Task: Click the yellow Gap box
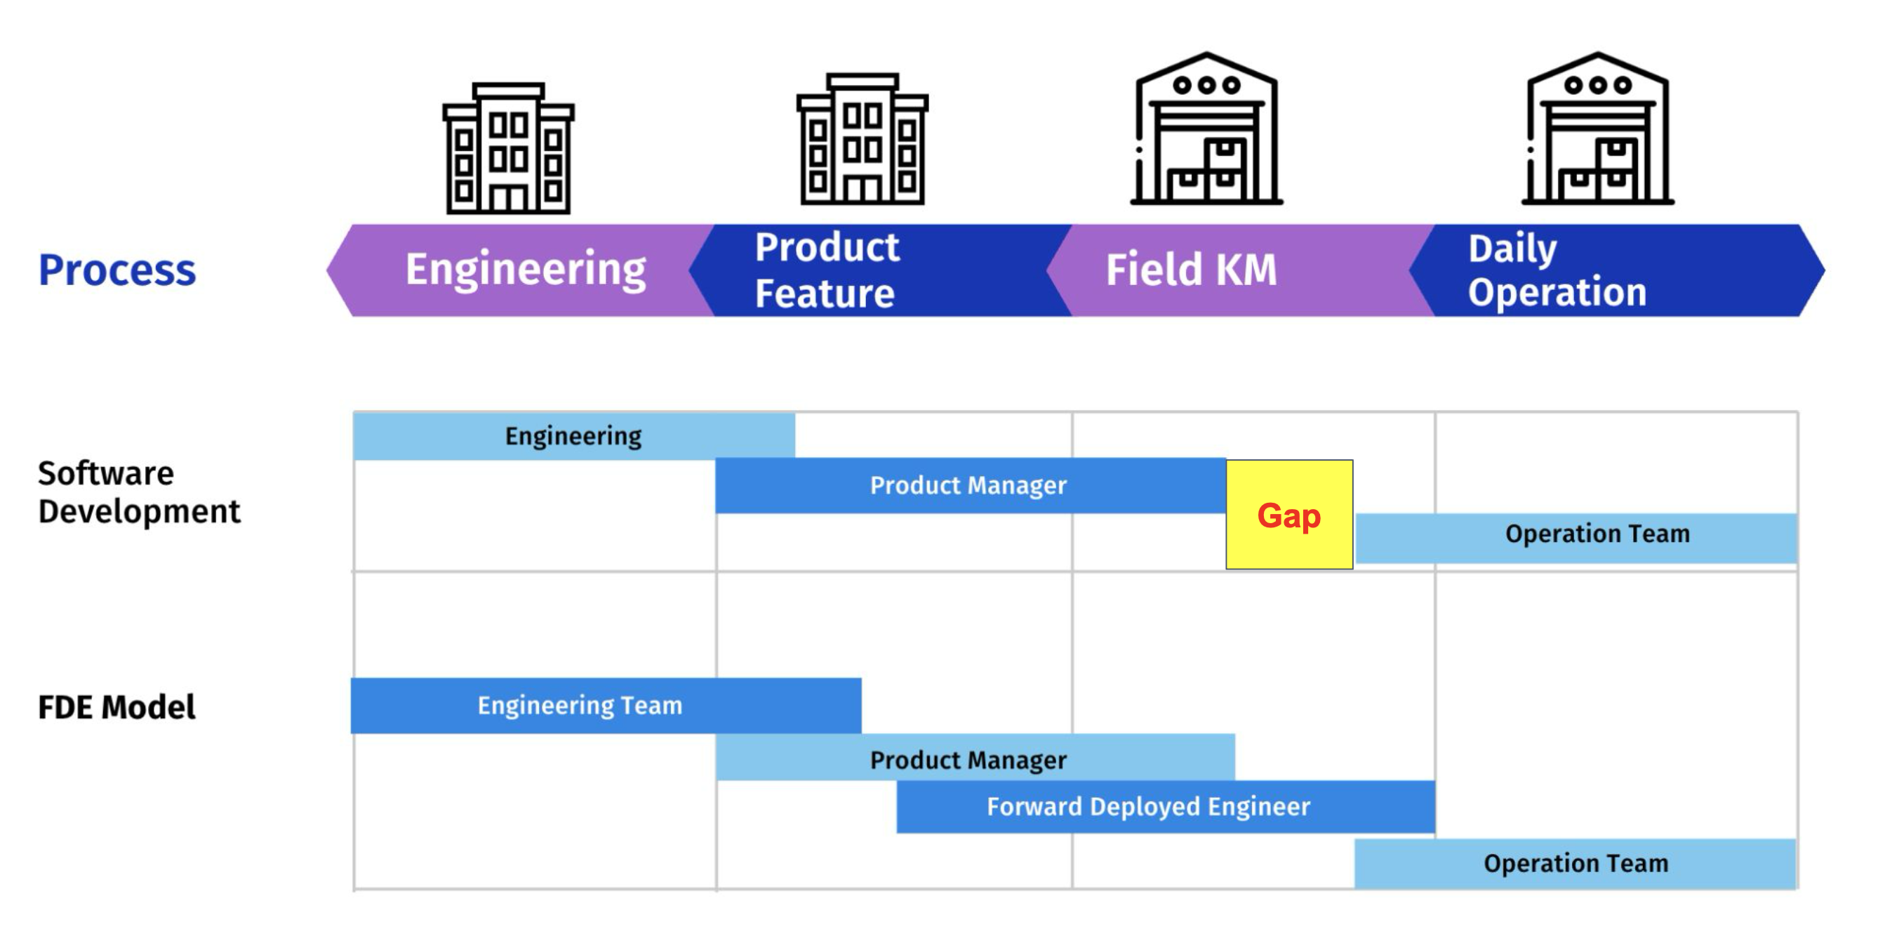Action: (x=1288, y=515)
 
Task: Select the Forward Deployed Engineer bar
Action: (x=1165, y=807)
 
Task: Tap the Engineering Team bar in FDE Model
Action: (x=605, y=706)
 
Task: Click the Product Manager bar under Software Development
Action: (x=970, y=485)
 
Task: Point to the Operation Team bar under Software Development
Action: (x=1576, y=538)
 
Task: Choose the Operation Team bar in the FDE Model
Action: (x=1575, y=864)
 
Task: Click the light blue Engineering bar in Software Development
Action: (x=573, y=436)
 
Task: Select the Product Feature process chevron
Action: (x=878, y=270)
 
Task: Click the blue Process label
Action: (x=117, y=270)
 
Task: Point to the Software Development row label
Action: (x=138, y=492)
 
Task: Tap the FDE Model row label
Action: (x=116, y=707)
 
